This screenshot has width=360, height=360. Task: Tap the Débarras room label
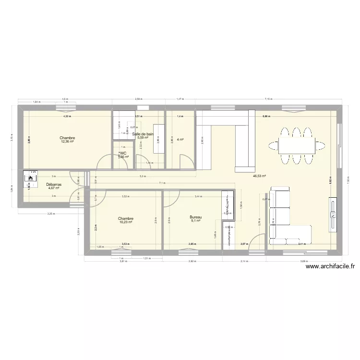pos(53,184)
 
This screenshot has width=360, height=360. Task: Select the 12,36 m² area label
pos(67,142)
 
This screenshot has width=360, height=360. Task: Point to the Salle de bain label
pos(143,134)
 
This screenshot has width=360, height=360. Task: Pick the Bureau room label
pos(195,217)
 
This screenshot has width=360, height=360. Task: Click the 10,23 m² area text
pos(126,222)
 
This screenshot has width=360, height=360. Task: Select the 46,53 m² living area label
pos(259,176)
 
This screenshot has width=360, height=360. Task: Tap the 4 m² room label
pos(180,140)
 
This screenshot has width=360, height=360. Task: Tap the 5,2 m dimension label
pos(143,177)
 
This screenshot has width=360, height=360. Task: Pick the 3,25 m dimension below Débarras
pos(50,214)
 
